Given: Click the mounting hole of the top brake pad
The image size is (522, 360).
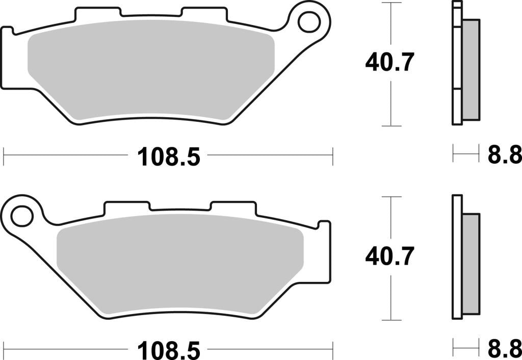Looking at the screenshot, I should (x=309, y=22).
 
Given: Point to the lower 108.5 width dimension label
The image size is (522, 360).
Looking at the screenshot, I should (x=169, y=351).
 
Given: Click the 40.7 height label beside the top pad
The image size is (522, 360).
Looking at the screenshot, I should (x=388, y=63).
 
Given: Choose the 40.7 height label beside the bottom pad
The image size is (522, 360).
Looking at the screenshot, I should (x=388, y=256).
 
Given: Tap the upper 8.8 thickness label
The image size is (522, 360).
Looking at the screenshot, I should (x=504, y=155).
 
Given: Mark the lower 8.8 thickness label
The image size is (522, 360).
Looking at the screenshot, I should (x=504, y=350).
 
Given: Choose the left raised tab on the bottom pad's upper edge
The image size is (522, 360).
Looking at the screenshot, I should (x=127, y=207).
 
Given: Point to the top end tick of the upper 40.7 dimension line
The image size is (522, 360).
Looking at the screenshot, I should (x=390, y=3).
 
